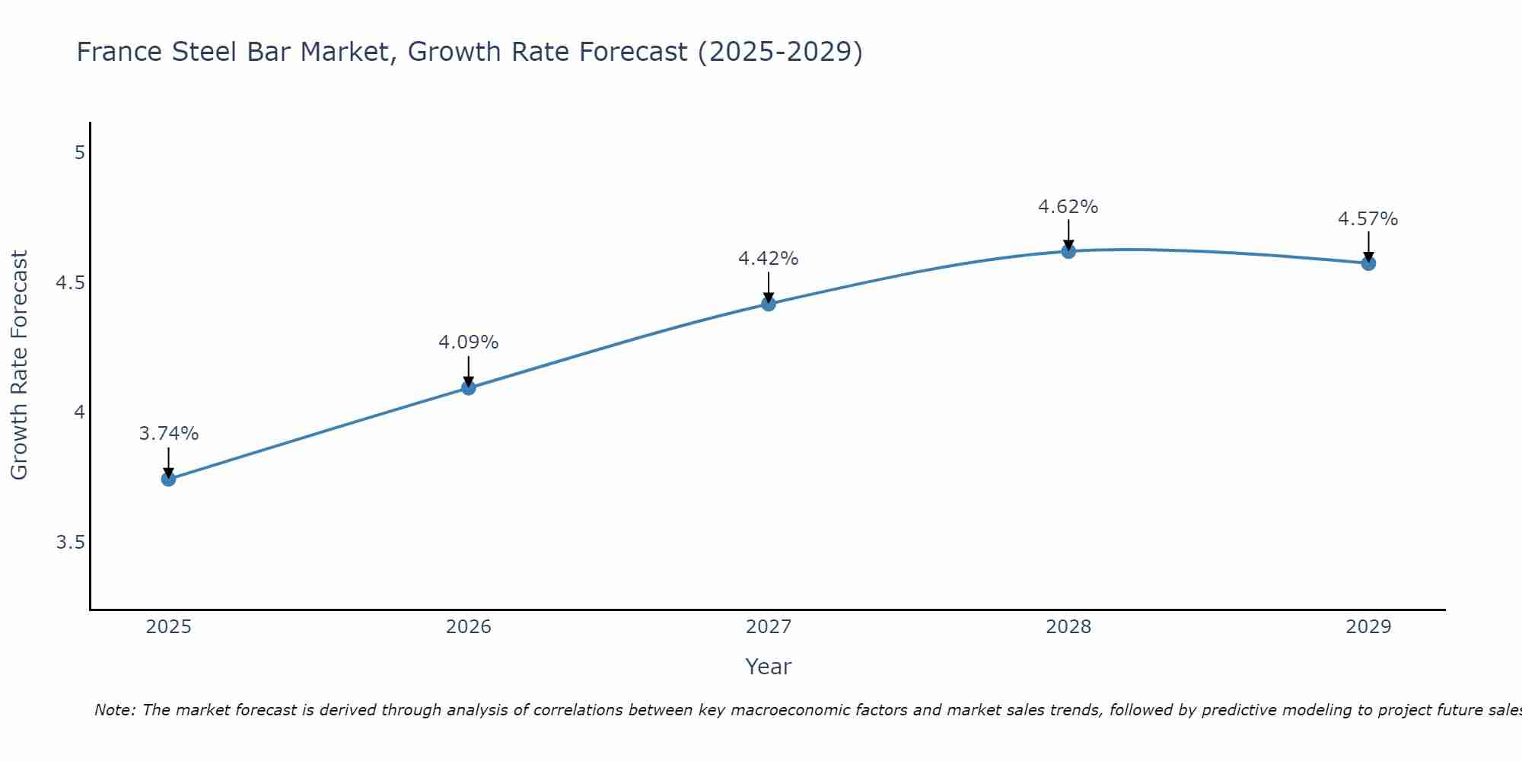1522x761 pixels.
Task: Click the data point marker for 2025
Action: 168,479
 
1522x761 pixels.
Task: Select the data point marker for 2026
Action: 468,388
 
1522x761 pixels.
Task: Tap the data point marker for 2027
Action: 768,304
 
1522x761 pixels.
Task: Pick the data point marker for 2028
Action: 1068,251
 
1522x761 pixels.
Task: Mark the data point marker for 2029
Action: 1368,263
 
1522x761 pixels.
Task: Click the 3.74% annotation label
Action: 168,434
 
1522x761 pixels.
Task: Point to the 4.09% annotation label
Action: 468,342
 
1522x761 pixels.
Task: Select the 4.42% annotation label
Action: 768,259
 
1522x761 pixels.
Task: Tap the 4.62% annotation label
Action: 1068,207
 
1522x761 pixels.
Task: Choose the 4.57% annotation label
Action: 1368,219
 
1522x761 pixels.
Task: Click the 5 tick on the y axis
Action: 79,153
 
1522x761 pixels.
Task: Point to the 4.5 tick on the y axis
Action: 70,283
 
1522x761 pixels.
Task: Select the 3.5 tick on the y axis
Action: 70,543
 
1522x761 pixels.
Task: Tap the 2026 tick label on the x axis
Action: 468,627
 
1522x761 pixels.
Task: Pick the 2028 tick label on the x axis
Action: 1068,627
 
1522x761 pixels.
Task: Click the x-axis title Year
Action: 768,667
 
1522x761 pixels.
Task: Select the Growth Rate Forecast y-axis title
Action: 19,365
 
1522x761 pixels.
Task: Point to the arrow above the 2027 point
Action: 768,287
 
